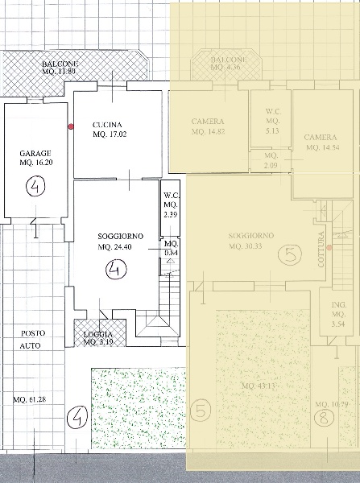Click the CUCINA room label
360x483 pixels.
[108, 124]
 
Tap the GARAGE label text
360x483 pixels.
[36, 153]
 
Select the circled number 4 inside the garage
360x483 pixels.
[36, 188]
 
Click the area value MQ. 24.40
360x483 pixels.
[120, 246]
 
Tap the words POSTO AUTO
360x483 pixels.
[33, 339]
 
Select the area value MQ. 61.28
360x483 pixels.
[31, 400]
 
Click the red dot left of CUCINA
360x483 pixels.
[71, 126]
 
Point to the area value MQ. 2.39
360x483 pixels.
[171, 215]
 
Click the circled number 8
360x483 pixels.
[322, 417]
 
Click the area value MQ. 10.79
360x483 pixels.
[332, 403]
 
